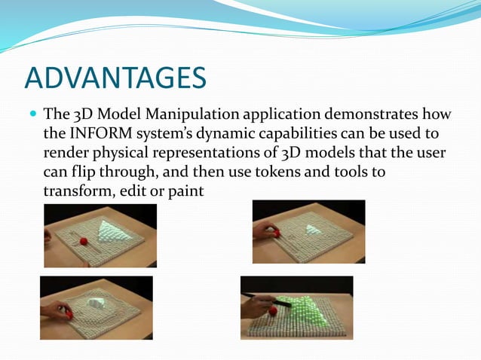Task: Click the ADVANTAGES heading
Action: pyautogui.click(x=115, y=77)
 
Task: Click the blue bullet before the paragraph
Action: pyautogui.click(x=32, y=116)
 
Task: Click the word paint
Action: pyautogui.click(x=186, y=191)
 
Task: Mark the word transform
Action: pyautogui.click(x=76, y=191)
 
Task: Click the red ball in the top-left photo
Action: pyautogui.click(x=83, y=241)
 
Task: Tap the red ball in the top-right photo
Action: pyautogui.click(x=277, y=233)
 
